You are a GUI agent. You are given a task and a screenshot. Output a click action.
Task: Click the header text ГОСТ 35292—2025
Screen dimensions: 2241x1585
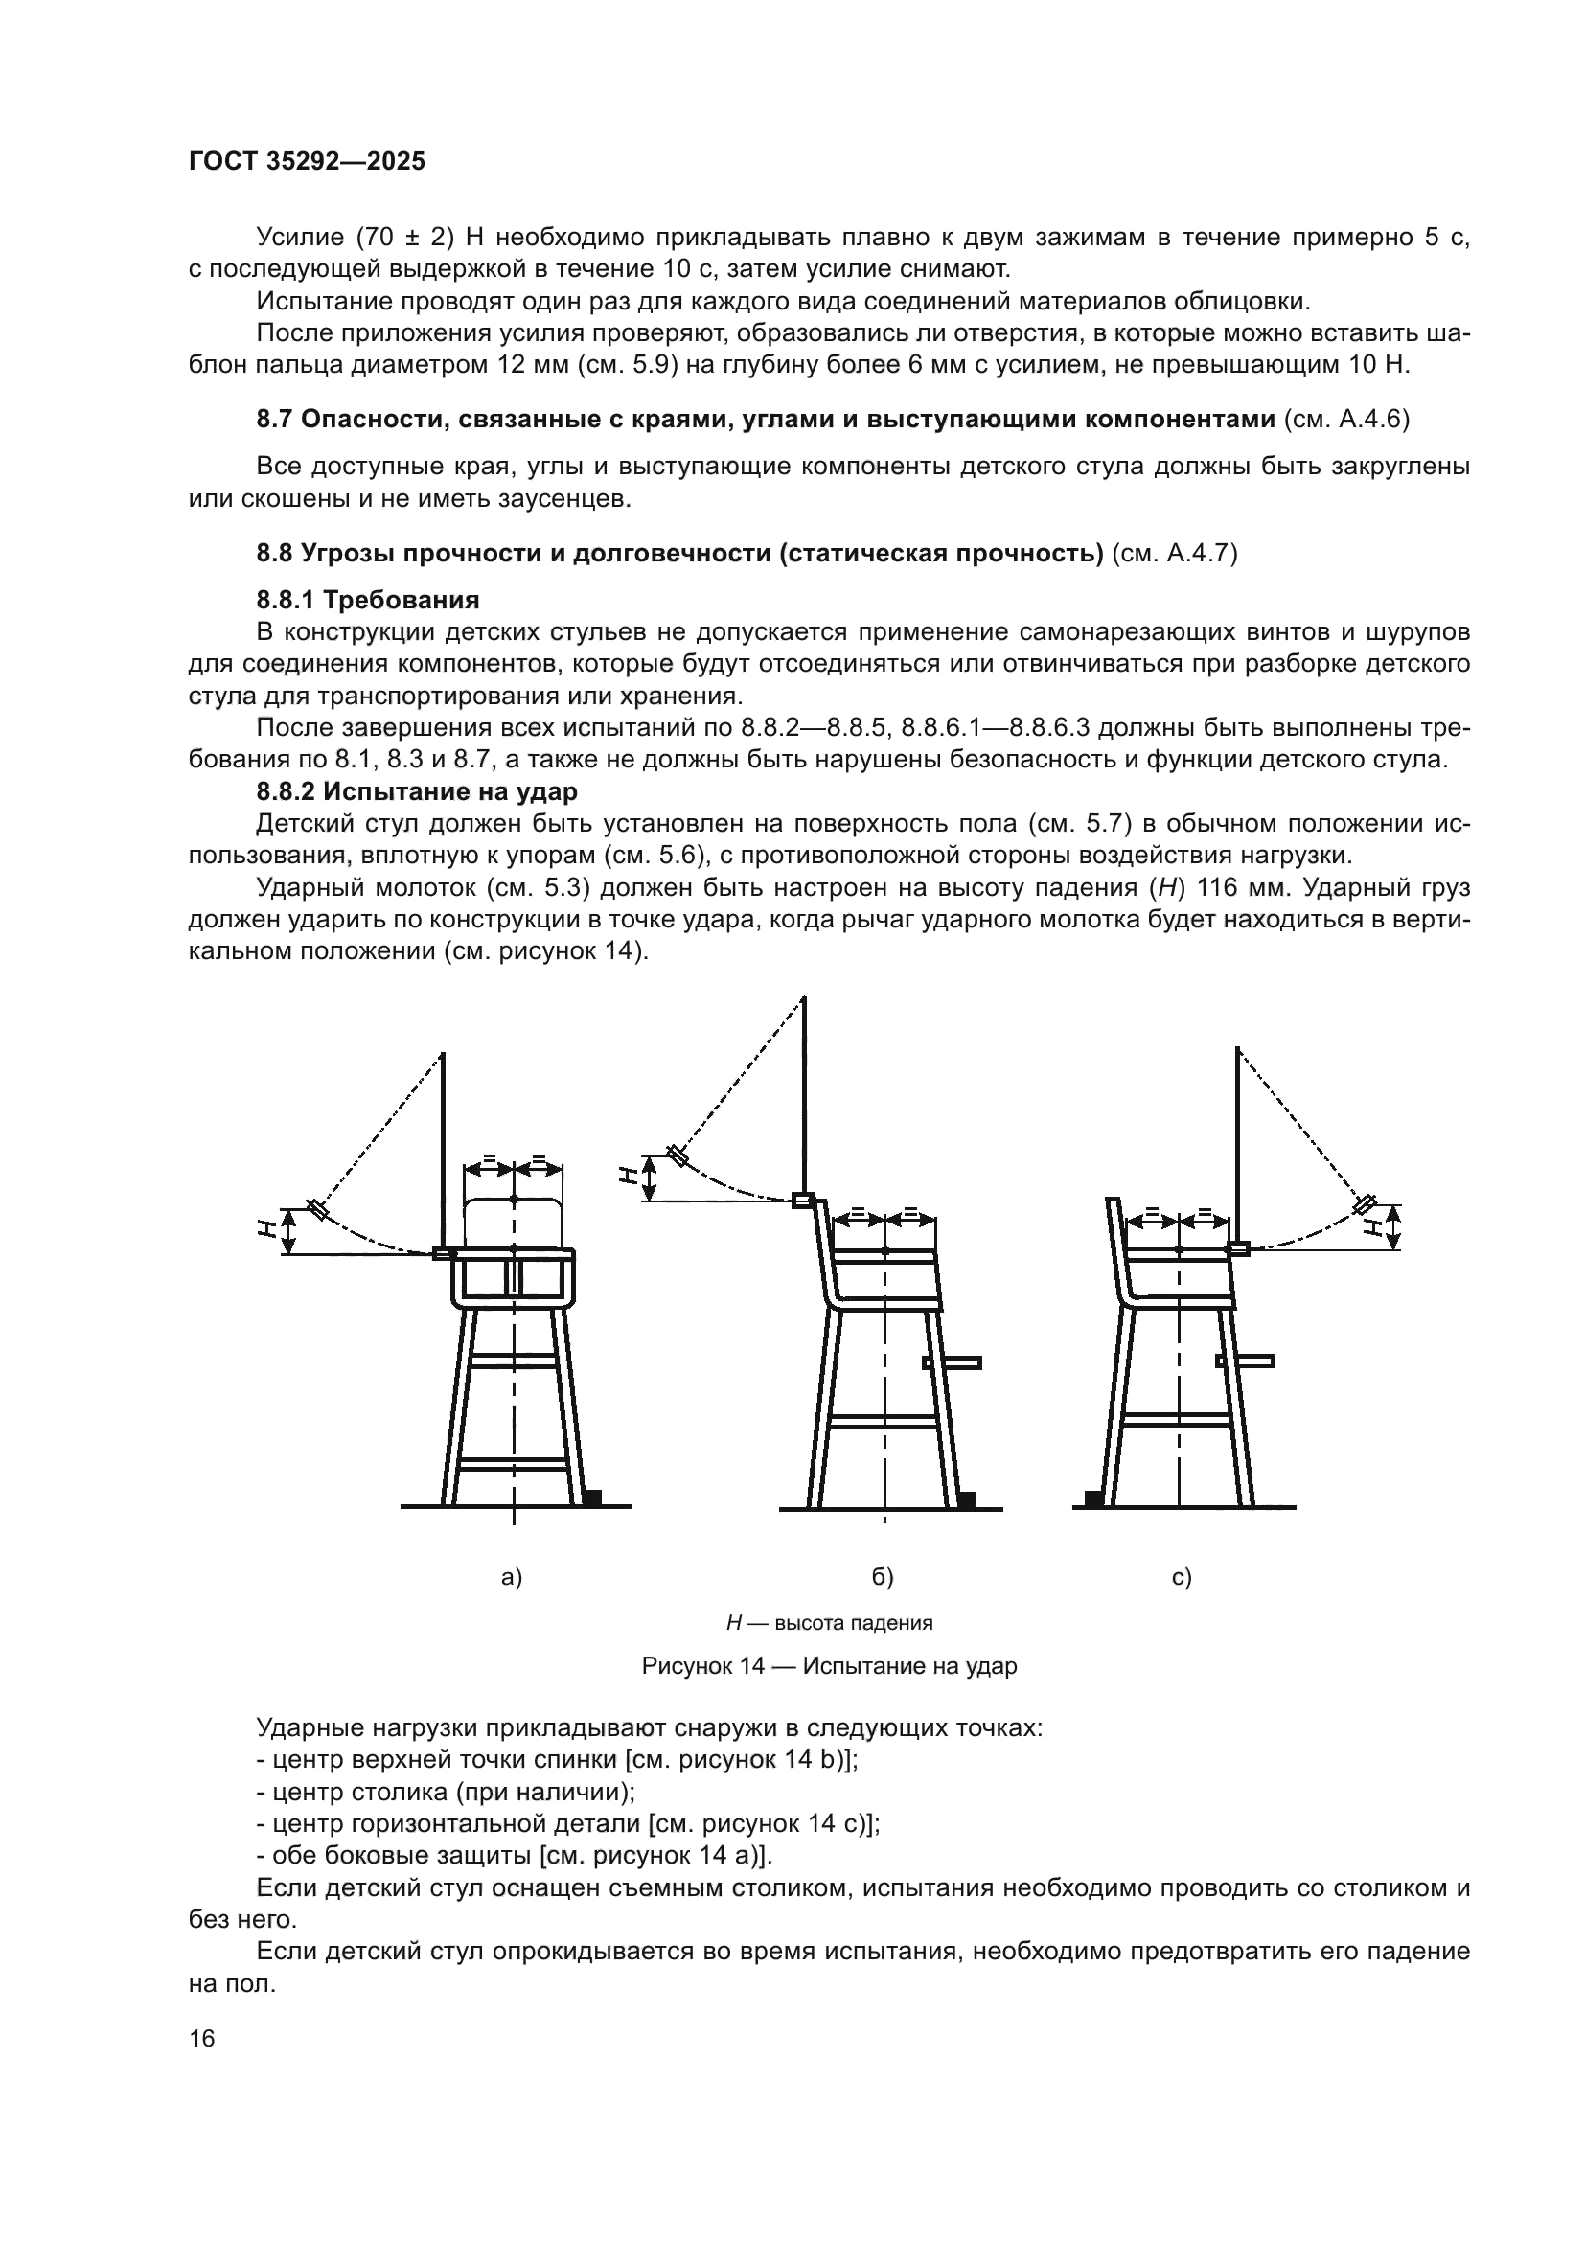(x=307, y=162)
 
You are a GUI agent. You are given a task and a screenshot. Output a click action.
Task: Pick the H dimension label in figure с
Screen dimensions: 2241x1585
(x=1376, y=1225)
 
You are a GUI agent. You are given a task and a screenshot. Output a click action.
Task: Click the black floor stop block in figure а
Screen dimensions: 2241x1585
(x=591, y=1497)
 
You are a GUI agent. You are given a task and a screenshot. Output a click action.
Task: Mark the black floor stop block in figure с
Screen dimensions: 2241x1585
(x=1093, y=1498)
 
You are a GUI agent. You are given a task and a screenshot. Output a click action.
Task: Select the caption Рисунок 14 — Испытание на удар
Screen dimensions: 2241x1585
(x=829, y=1665)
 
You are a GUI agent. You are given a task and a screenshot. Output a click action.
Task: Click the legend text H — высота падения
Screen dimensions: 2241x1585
(x=829, y=1622)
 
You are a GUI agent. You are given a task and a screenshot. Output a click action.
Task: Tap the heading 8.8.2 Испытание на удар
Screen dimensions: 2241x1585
(x=417, y=790)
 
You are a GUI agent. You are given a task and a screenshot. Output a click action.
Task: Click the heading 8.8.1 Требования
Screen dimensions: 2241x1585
(x=368, y=599)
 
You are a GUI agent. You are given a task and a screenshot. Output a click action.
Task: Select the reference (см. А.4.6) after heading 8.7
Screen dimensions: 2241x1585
(x=1346, y=420)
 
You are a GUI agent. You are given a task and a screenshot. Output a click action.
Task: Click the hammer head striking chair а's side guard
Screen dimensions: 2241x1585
(x=442, y=1254)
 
